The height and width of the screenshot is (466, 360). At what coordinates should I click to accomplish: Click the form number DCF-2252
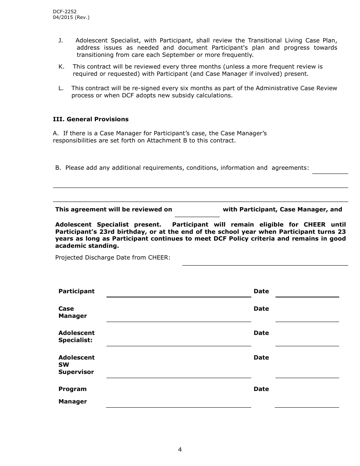coord(64,12)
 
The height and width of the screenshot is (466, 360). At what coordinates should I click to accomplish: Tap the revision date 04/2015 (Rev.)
coord(71,17)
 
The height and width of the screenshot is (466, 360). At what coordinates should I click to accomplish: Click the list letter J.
coord(60,41)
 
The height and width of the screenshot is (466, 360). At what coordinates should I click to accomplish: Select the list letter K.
coord(61,67)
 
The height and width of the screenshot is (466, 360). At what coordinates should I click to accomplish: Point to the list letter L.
coord(61,88)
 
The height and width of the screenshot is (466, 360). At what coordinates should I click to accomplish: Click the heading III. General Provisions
coord(91,119)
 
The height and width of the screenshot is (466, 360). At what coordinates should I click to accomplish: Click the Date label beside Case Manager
coord(261,309)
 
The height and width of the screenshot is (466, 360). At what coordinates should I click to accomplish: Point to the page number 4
coord(180,450)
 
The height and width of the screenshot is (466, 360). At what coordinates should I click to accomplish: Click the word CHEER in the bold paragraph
coord(314,224)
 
